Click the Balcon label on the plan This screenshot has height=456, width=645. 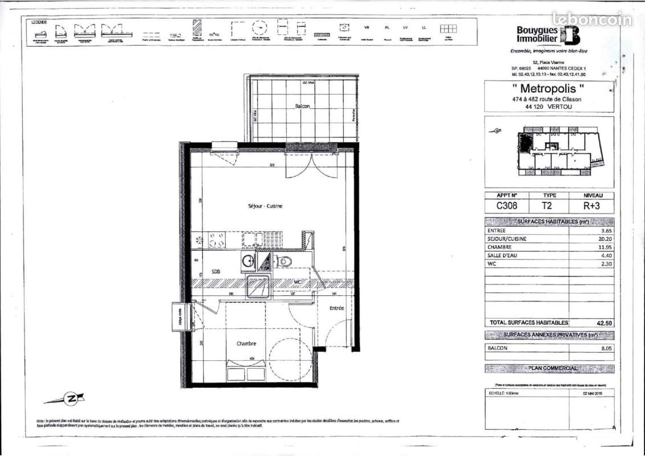click(x=302, y=107)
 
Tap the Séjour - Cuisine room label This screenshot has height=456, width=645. click(x=265, y=206)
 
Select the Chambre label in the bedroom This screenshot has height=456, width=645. click(x=246, y=344)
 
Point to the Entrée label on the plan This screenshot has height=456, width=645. click(x=336, y=308)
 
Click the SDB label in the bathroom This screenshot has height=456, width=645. click(x=216, y=272)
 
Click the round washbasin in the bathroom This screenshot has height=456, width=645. click(x=248, y=262)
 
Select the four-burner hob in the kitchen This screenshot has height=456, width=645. click(x=216, y=239)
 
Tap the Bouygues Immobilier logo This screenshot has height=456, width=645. click(x=548, y=35)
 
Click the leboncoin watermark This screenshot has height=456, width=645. click(x=592, y=19)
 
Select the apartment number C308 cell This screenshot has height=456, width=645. click(x=506, y=206)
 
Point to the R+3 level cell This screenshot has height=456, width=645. click(x=593, y=206)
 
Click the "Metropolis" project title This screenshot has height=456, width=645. click(x=549, y=89)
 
